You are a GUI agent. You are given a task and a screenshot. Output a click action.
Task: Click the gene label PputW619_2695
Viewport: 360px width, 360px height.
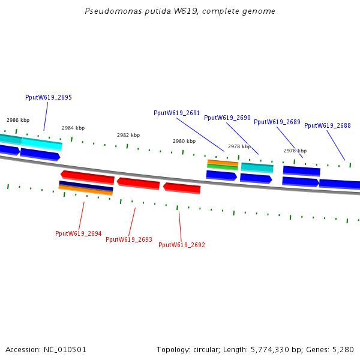pyautogui.click(x=49, y=97)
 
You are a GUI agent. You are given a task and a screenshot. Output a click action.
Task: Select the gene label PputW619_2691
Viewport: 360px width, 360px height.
pyautogui.click(x=176, y=113)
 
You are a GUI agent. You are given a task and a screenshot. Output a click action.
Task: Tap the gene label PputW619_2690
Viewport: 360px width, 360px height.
pyautogui.click(x=227, y=118)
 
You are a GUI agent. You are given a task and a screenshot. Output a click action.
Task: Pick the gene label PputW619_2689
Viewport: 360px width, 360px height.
pyautogui.click(x=277, y=122)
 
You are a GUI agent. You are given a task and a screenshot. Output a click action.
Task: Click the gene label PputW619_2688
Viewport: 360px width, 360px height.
pyautogui.click(x=327, y=125)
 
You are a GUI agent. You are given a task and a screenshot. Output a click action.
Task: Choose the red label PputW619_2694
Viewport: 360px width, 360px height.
pyautogui.click(x=78, y=233)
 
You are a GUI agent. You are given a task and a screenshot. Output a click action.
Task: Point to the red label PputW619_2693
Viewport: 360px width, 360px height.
pyautogui.click(x=128, y=239)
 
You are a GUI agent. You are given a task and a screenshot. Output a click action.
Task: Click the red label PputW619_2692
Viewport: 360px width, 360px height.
pyautogui.click(x=181, y=245)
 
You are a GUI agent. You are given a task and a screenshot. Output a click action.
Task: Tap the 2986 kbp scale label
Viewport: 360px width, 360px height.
pyautogui.click(x=18, y=120)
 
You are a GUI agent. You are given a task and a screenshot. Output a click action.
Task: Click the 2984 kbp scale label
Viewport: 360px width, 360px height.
pyautogui.click(x=73, y=128)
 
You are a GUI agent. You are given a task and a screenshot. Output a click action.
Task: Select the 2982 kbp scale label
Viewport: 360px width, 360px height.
pyautogui.click(x=128, y=135)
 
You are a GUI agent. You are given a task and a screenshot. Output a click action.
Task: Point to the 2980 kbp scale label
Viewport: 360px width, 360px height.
pyautogui.click(x=184, y=141)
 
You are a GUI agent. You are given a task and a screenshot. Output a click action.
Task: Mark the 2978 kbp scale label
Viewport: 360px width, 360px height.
pyautogui.click(x=239, y=146)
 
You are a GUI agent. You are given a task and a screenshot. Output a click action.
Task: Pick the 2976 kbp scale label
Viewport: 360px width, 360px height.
pyautogui.click(x=295, y=151)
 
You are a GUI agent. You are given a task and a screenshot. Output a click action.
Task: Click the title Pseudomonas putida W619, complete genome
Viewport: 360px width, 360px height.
pyautogui.click(x=180, y=11)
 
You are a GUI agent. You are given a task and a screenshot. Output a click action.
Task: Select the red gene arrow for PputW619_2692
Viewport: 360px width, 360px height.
pyautogui.click(x=182, y=188)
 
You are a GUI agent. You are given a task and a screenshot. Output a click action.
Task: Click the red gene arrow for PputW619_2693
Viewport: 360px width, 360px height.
pyautogui.click(x=139, y=183)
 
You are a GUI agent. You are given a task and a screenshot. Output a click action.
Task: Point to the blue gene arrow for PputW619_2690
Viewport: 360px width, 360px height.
pyautogui.click(x=256, y=178)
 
